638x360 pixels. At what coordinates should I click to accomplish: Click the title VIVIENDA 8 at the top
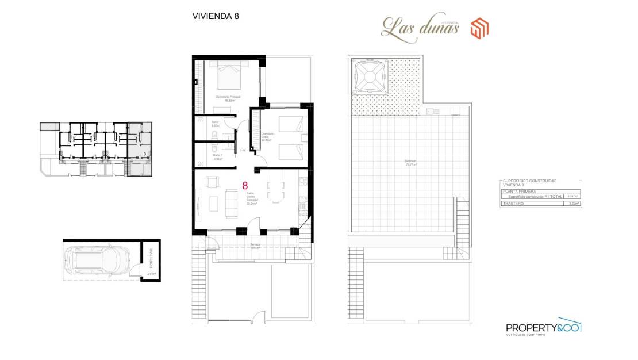coord(216,16)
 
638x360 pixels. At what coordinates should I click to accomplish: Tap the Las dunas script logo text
coord(420,26)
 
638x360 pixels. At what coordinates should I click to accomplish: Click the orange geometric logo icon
coord(479,28)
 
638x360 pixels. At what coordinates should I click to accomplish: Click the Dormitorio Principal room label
coord(228,98)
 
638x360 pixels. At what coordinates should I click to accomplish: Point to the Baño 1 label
coord(216,124)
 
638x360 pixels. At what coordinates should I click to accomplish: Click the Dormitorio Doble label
coord(266,137)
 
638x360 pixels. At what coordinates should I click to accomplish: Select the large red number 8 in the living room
coord(245,186)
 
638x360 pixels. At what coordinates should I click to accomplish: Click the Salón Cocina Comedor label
coord(252,198)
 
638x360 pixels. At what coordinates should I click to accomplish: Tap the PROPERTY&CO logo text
coord(543,327)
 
